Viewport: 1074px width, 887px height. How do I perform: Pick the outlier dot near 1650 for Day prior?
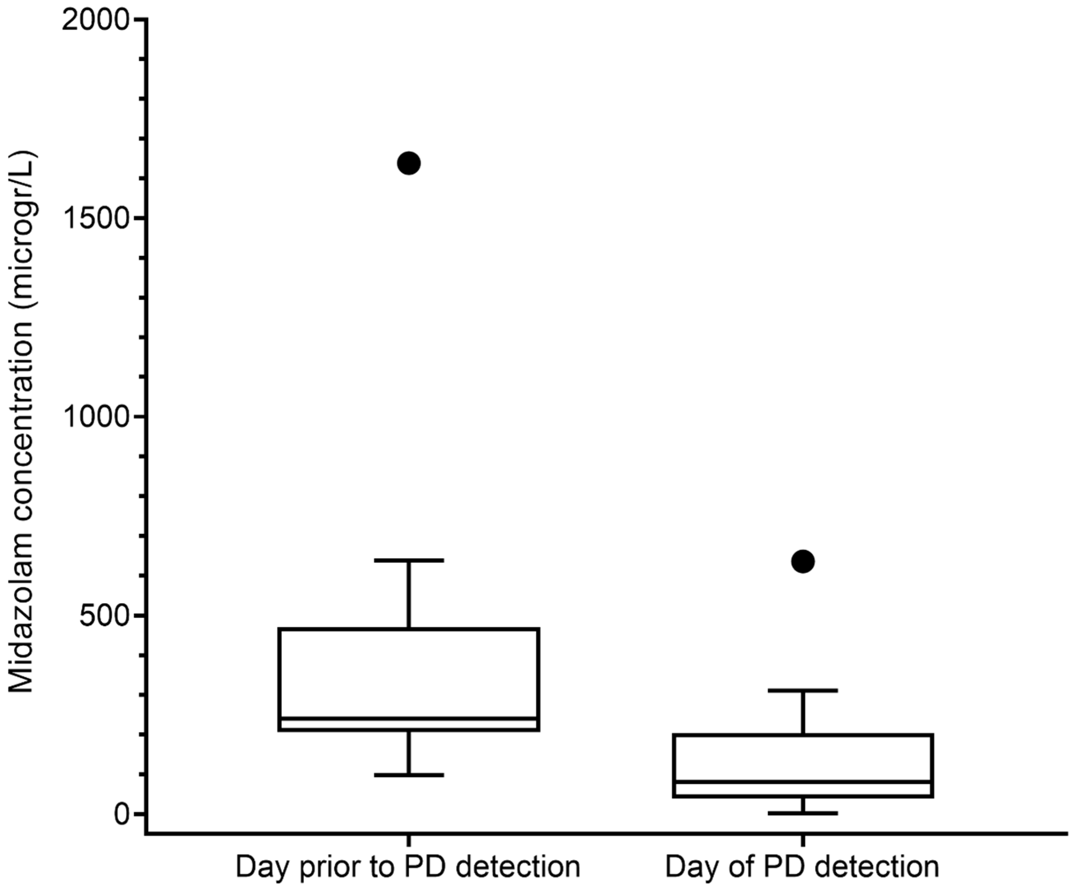coord(409,163)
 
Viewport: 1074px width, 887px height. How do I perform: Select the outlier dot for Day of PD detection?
coord(803,561)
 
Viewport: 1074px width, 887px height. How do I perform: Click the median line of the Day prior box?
coord(409,718)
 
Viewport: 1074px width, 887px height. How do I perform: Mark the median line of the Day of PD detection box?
coord(803,782)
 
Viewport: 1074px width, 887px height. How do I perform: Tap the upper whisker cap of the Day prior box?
coord(409,561)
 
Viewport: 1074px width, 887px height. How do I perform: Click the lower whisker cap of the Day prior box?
coord(409,775)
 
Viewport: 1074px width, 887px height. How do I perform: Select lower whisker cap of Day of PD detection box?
coord(803,813)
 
